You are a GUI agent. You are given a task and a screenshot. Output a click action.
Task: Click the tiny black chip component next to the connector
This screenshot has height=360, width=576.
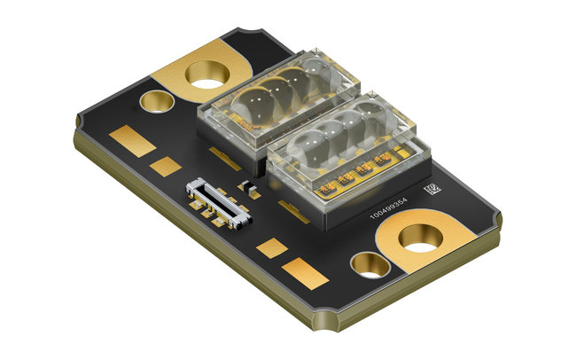click(249, 188)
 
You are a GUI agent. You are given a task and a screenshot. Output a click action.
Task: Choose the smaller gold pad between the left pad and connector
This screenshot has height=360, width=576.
click(163, 165)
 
